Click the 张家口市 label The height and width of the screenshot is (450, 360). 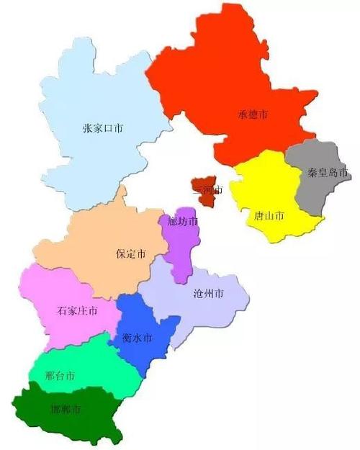click(x=103, y=130)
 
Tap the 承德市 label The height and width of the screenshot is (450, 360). click(x=253, y=114)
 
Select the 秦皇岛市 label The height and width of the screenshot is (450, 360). click(x=328, y=173)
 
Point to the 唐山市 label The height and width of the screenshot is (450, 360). click(x=269, y=215)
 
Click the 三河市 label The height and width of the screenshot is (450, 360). click(x=208, y=191)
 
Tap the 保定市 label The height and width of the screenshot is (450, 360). click(x=131, y=254)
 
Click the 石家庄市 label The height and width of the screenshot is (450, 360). click(x=77, y=311)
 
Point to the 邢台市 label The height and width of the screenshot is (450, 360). click(x=60, y=377)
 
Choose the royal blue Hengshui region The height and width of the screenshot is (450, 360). click(x=144, y=317)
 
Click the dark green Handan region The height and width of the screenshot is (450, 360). click(x=79, y=425)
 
